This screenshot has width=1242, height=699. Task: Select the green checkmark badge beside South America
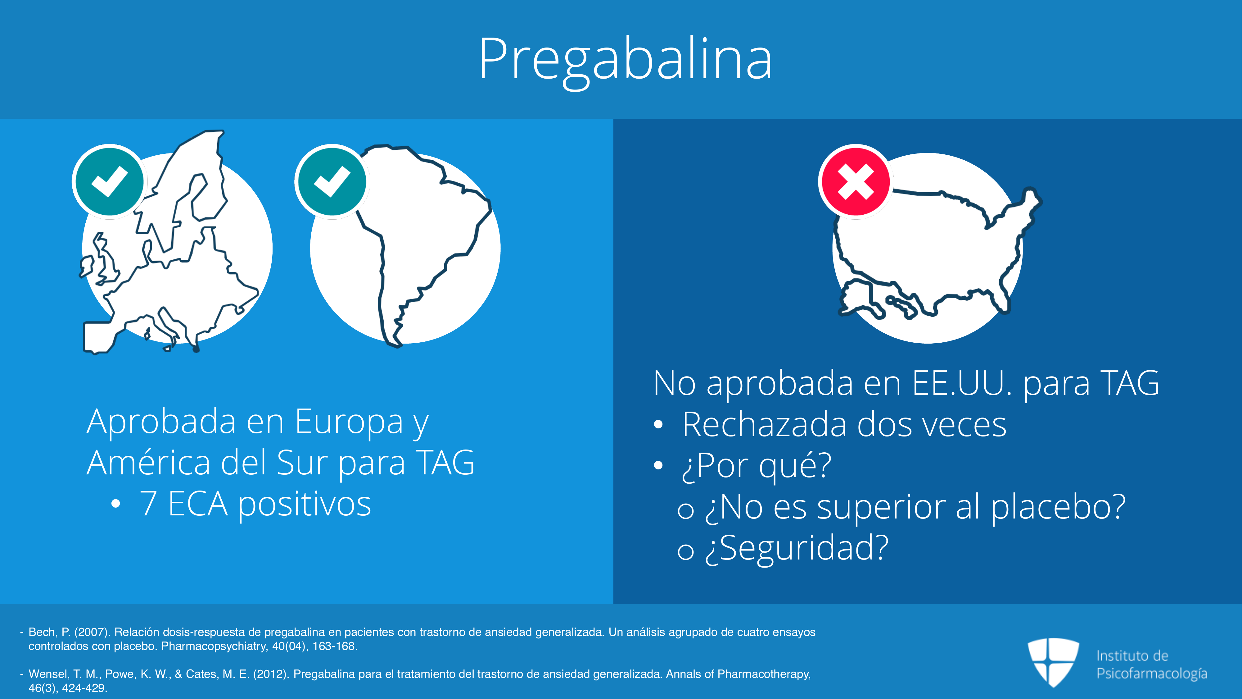332,182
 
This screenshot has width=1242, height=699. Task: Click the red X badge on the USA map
855,182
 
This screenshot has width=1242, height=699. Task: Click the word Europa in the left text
349,422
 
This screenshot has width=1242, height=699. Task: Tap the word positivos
305,505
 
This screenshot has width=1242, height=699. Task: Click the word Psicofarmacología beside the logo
1152,674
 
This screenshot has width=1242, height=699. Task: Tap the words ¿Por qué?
756,466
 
